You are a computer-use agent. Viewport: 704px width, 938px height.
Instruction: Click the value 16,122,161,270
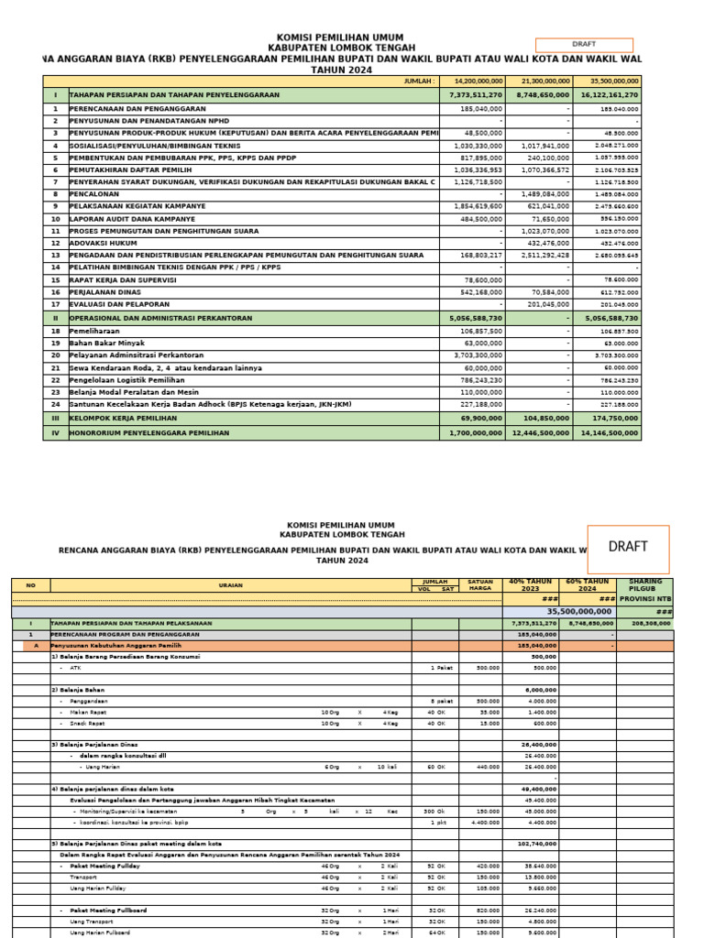click(609, 94)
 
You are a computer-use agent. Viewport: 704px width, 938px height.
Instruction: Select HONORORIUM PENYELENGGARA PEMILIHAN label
click(148, 432)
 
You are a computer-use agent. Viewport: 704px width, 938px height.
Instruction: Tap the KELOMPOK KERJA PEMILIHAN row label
click(124, 417)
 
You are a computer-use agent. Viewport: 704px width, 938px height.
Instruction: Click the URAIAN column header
click(230, 585)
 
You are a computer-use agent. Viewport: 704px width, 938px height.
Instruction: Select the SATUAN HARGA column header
click(480, 585)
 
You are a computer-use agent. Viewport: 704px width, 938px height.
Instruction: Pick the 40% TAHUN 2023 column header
click(531, 585)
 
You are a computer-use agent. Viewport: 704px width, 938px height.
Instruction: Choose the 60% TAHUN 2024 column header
click(587, 585)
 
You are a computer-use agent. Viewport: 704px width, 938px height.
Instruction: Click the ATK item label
click(75, 668)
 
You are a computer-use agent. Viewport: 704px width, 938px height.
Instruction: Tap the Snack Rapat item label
click(87, 723)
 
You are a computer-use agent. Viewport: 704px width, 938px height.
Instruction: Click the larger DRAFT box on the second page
click(628, 547)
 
